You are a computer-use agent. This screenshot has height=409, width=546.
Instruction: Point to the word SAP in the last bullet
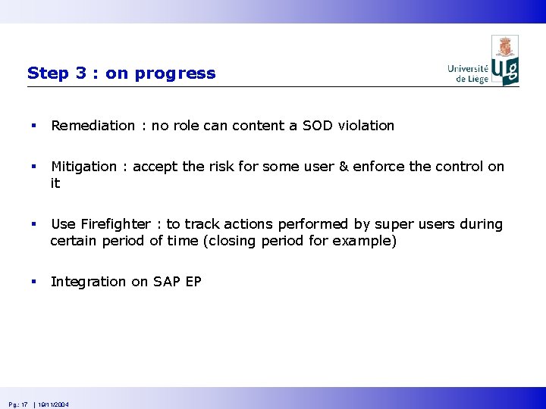[167, 282]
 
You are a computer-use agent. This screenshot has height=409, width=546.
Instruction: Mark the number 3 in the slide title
[81, 73]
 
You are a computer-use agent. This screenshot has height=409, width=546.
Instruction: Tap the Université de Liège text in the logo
[468, 73]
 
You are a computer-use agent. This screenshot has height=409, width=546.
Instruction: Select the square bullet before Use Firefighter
[33, 225]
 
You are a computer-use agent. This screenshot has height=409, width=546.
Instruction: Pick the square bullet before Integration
[33, 282]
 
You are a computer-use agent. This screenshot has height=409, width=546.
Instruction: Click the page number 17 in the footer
[24, 405]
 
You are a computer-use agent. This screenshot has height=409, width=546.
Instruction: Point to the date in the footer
[54, 405]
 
